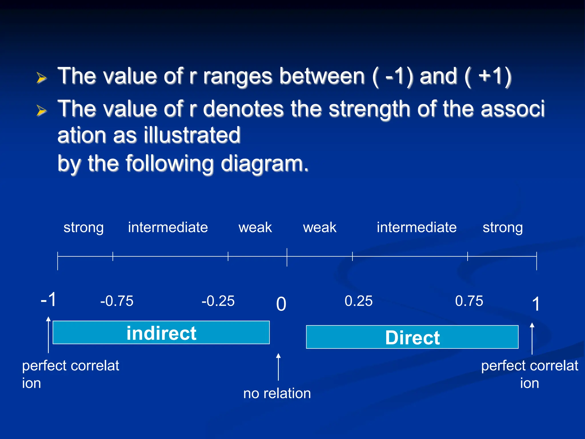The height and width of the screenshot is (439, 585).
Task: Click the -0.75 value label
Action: [x=117, y=301]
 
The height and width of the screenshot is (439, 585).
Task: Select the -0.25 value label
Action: [x=218, y=301]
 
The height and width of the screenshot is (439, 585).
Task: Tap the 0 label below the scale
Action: [x=281, y=304]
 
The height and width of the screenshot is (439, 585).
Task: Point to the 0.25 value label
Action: [x=358, y=301]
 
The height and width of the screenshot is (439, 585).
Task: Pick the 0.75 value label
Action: [x=469, y=301]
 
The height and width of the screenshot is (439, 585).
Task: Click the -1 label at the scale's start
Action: [x=49, y=300]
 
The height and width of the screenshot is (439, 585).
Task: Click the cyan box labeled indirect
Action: [x=161, y=332]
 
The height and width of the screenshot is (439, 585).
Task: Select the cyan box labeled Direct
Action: [x=412, y=337]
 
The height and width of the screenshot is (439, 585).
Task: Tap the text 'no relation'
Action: [x=277, y=393]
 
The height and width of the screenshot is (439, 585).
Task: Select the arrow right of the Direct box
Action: [x=532, y=338]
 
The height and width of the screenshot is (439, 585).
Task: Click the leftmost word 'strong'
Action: [x=83, y=228]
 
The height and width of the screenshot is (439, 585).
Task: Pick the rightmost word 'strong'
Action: [x=503, y=228]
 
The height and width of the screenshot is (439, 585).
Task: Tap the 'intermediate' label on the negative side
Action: [x=168, y=228]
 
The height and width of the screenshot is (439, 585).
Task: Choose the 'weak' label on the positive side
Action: [x=320, y=228]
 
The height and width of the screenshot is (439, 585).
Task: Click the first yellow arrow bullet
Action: [x=41, y=78]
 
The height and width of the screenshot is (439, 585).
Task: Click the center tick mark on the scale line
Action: [x=287, y=257]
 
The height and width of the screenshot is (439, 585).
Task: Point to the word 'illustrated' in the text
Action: [x=192, y=135]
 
